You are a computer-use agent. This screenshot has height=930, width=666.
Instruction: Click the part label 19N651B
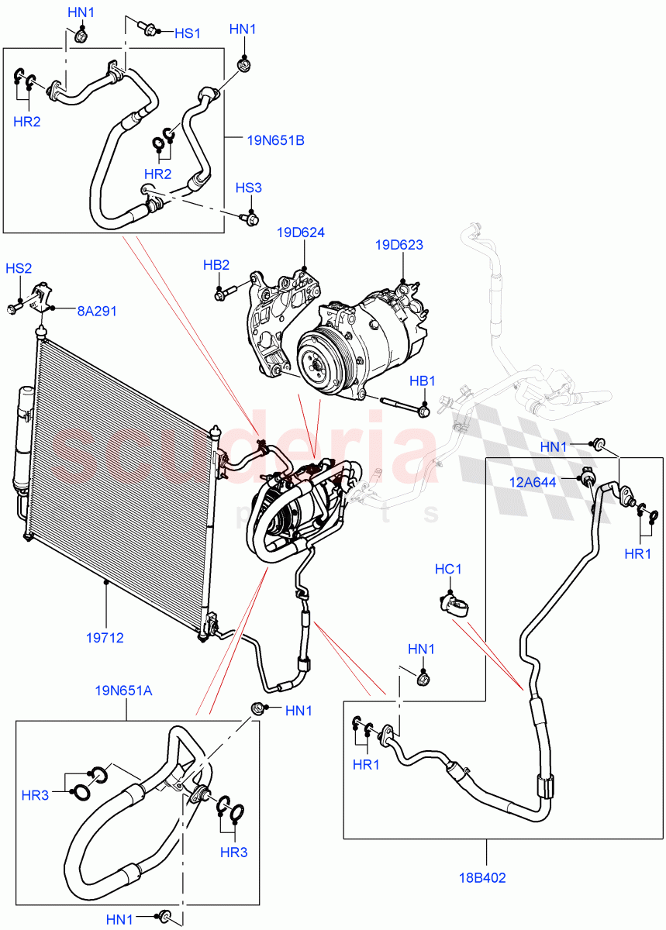coord(275,140)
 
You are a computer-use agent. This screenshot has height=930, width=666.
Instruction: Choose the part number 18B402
coord(486,879)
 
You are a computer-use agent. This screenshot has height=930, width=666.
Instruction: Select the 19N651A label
coord(124,690)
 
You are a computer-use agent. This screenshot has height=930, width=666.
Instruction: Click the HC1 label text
coord(448,569)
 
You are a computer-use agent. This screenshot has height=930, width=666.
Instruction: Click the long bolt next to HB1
coord(403,405)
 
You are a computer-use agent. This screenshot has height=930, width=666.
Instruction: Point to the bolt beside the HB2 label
coord(223,294)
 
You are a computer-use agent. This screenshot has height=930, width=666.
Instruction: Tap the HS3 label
coord(249,188)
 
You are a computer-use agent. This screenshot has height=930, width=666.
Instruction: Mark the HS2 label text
coord(19,268)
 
